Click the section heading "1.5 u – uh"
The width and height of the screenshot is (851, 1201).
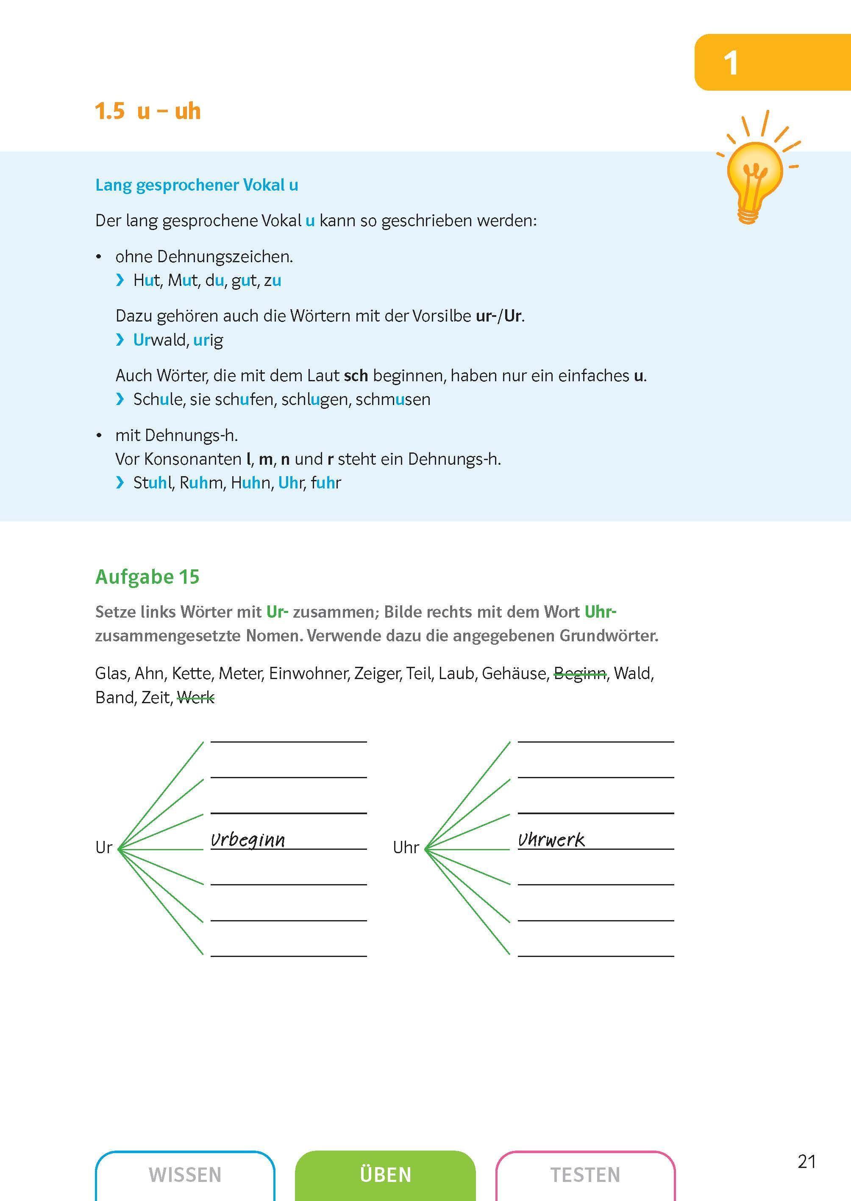pyautogui.click(x=148, y=111)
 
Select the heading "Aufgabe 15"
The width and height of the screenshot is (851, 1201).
pyautogui.click(x=147, y=577)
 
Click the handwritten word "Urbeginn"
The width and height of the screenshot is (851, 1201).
pyautogui.click(x=248, y=840)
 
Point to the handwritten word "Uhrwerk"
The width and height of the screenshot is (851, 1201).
pyautogui.click(x=551, y=840)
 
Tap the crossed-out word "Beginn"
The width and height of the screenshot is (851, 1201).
pyautogui.click(x=580, y=674)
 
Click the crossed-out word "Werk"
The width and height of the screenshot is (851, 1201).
pyautogui.click(x=196, y=698)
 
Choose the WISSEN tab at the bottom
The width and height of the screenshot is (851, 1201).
pyautogui.click(x=185, y=1175)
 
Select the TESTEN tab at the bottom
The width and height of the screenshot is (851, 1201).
pyautogui.click(x=585, y=1175)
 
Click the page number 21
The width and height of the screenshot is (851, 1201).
pyautogui.click(x=807, y=1162)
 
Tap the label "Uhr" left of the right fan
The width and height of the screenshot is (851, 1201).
pyautogui.click(x=406, y=847)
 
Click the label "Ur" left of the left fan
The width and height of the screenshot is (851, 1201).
pyautogui.click(x=104, y=847)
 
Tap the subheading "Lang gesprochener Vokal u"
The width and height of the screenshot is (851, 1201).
pyautogui.click(x=197, y=185)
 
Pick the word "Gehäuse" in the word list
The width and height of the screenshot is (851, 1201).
pyautogui.click(x=514, y=674)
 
